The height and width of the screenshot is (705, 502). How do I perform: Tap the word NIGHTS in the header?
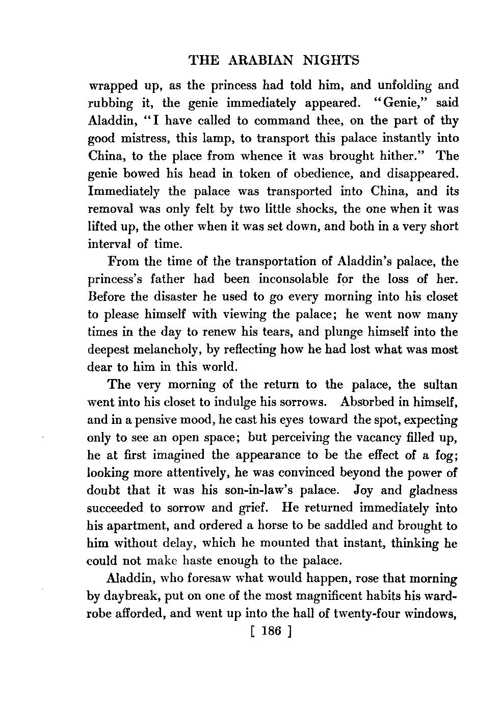tap(331, 61)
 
